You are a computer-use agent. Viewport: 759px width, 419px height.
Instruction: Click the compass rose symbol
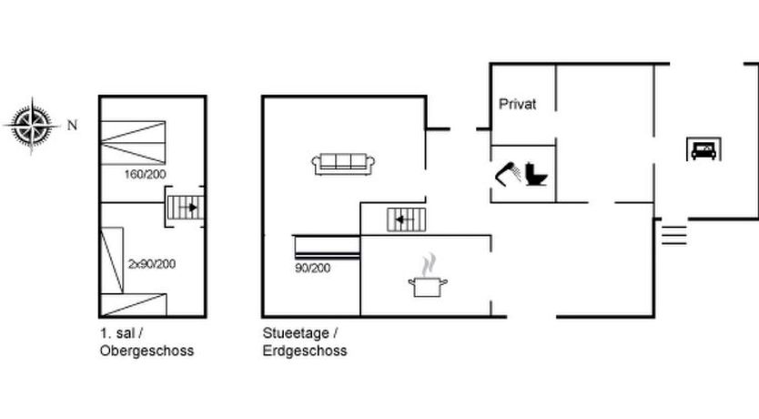(32, 126)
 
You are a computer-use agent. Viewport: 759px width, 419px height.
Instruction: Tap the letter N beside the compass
(72, 126)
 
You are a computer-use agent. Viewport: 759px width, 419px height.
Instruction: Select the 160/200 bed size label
(146, 174)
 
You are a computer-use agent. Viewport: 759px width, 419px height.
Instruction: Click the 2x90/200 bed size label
(152, 264)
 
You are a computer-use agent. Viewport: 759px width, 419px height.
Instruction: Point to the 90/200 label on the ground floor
(313, 268)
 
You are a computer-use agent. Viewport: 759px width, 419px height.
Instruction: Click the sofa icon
(343, 164)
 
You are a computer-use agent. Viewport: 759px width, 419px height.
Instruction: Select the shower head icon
(507, 174)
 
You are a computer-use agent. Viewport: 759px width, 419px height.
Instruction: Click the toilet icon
(536, 174)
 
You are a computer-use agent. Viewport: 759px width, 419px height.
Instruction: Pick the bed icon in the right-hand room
(704, 149)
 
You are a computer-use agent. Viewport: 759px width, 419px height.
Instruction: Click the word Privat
(518, 104)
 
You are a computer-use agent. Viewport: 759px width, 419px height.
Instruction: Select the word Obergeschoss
(147, 351)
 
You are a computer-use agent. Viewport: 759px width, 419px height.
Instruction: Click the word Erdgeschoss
(305, 351)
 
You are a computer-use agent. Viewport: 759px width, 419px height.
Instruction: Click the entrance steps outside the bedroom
(674, 235)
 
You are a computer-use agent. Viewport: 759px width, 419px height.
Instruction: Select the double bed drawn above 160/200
(133, 143)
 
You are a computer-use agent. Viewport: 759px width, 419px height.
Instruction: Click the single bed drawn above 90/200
(328, 247)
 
